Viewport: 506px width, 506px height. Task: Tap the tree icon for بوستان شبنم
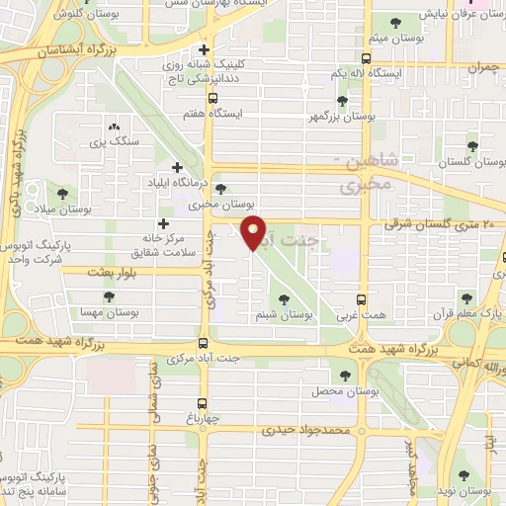click(284, 298)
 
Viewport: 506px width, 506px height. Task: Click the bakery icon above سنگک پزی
click(114, 126)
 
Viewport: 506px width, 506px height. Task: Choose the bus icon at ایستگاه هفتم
click(212, 98)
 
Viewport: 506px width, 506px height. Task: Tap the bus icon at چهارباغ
click(202, 402)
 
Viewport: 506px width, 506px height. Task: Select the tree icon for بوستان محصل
click(344, 375)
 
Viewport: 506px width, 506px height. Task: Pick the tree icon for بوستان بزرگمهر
click(341, 100)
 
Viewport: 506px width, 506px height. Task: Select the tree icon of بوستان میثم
click(396, 23)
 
